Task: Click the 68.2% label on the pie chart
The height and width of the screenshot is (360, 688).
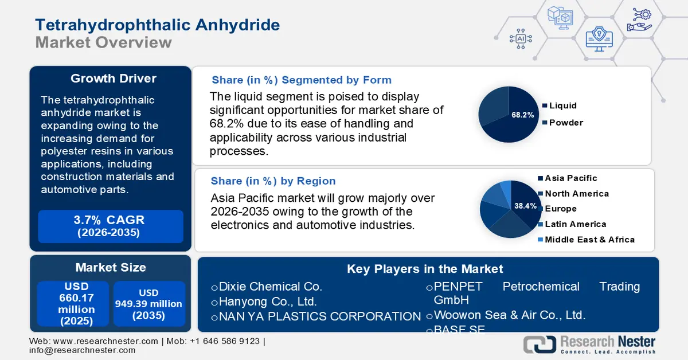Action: click(x=522, y=115)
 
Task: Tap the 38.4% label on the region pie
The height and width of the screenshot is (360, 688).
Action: click(x=525, y=205)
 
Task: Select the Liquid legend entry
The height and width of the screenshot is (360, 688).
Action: click(x=562, y=105)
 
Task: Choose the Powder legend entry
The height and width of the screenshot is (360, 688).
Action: click(x=565, y=122)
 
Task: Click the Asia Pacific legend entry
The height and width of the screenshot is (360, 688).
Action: click(x=570, y=178)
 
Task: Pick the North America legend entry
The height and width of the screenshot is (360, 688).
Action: click(x=576, y=194)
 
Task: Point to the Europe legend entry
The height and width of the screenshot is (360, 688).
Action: click(x=560, y=209)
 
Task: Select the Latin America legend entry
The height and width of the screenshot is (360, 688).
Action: click(x=575, y=224)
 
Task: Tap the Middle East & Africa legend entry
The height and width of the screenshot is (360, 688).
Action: click(x=589, y=240)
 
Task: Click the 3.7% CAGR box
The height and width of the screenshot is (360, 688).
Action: click(x=111, y=226)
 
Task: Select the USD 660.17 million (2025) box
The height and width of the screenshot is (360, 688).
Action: click(x=73, y=304)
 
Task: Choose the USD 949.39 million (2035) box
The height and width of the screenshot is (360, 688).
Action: click(x=148, y=304)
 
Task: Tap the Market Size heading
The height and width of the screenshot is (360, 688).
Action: click(x=110, y=267)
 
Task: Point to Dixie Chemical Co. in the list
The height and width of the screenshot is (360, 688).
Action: click(x=271, y=287)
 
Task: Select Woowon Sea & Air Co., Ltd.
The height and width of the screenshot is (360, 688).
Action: click(x=509, y=315)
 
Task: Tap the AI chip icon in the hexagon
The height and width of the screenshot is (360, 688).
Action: click(x=521, y=38)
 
